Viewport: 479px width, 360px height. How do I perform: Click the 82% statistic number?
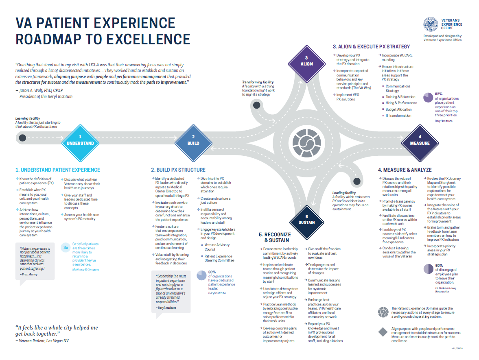[x=438, y=93]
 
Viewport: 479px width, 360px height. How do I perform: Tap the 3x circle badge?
[x=66, y=247]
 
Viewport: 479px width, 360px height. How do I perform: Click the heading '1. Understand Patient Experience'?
[x=57, y=170]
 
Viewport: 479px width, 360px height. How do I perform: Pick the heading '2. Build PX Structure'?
[x=178, y=170]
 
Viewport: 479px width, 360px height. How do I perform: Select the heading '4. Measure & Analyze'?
[x=405, y=170]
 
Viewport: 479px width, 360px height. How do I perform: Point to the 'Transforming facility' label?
[x=258, y=82]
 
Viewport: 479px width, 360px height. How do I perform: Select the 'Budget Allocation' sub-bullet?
[x=398, y=109]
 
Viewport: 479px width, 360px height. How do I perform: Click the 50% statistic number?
[x=439, y=265]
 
